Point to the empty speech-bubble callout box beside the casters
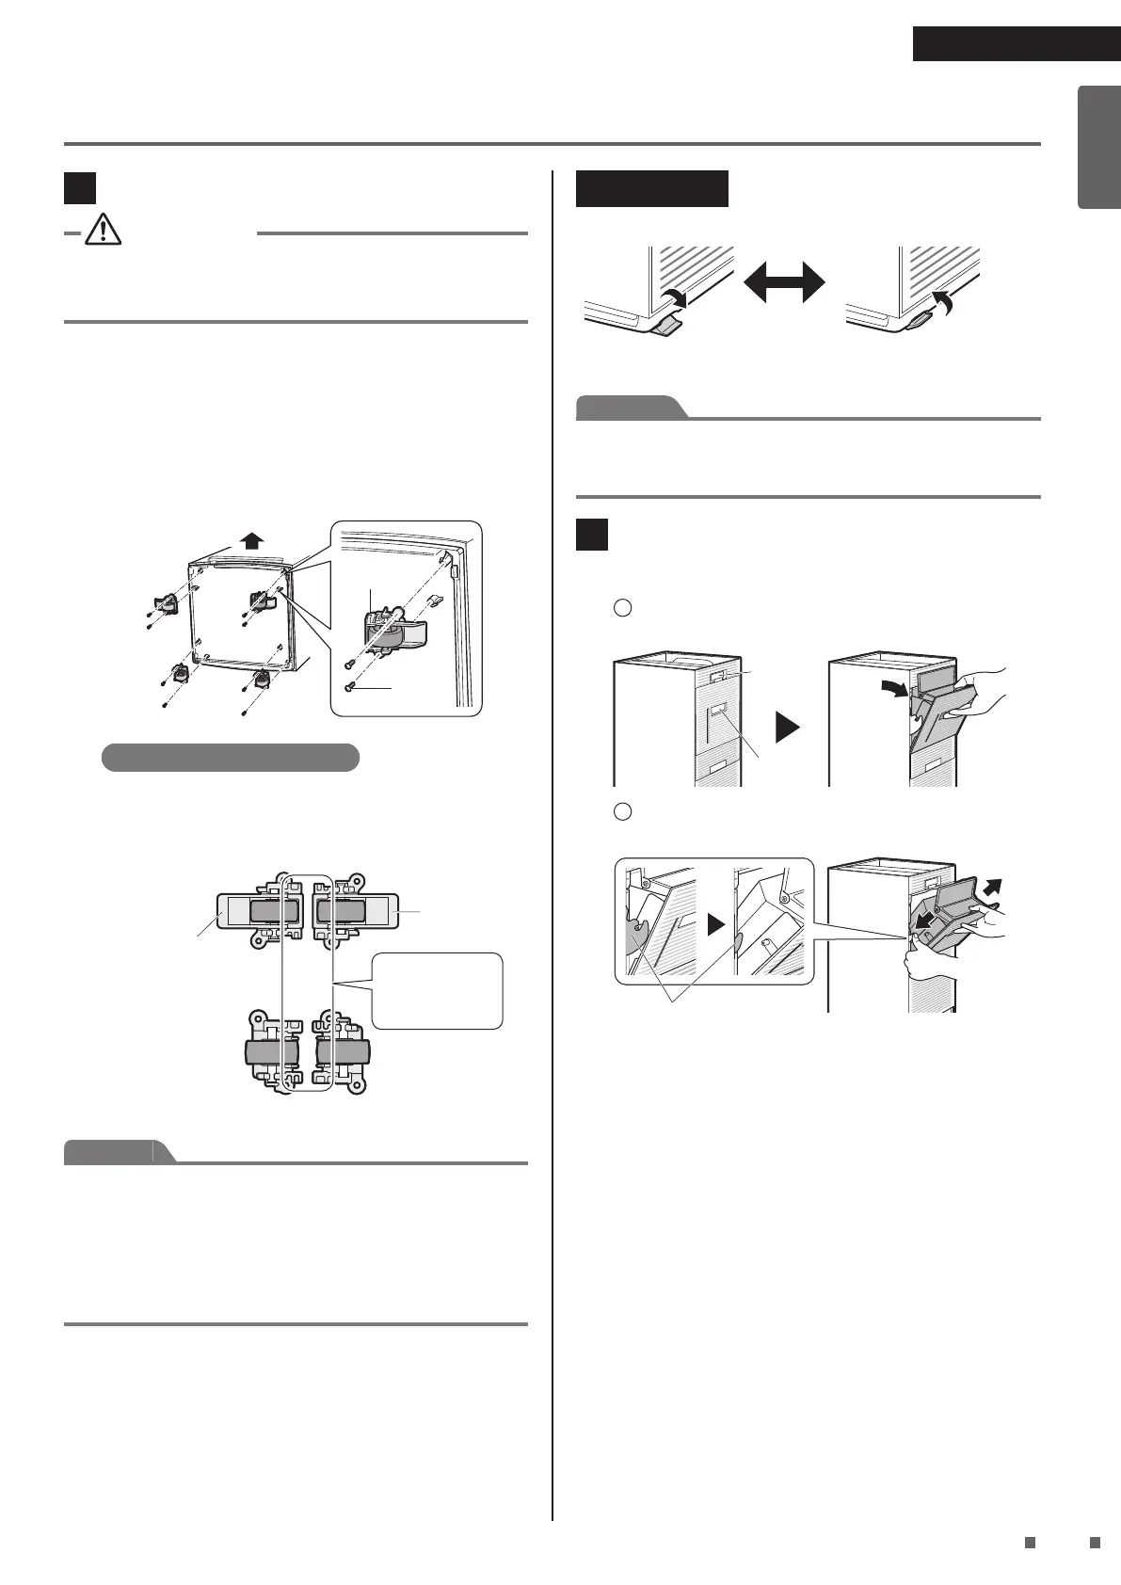tap(438, 990)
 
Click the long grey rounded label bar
tap(231, 757)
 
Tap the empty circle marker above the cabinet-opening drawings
tap(621, 608)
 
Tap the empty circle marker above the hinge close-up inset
tap(621, 811)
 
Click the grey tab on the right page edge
tap(1099, 147)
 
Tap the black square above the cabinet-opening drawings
tap(593, 534)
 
